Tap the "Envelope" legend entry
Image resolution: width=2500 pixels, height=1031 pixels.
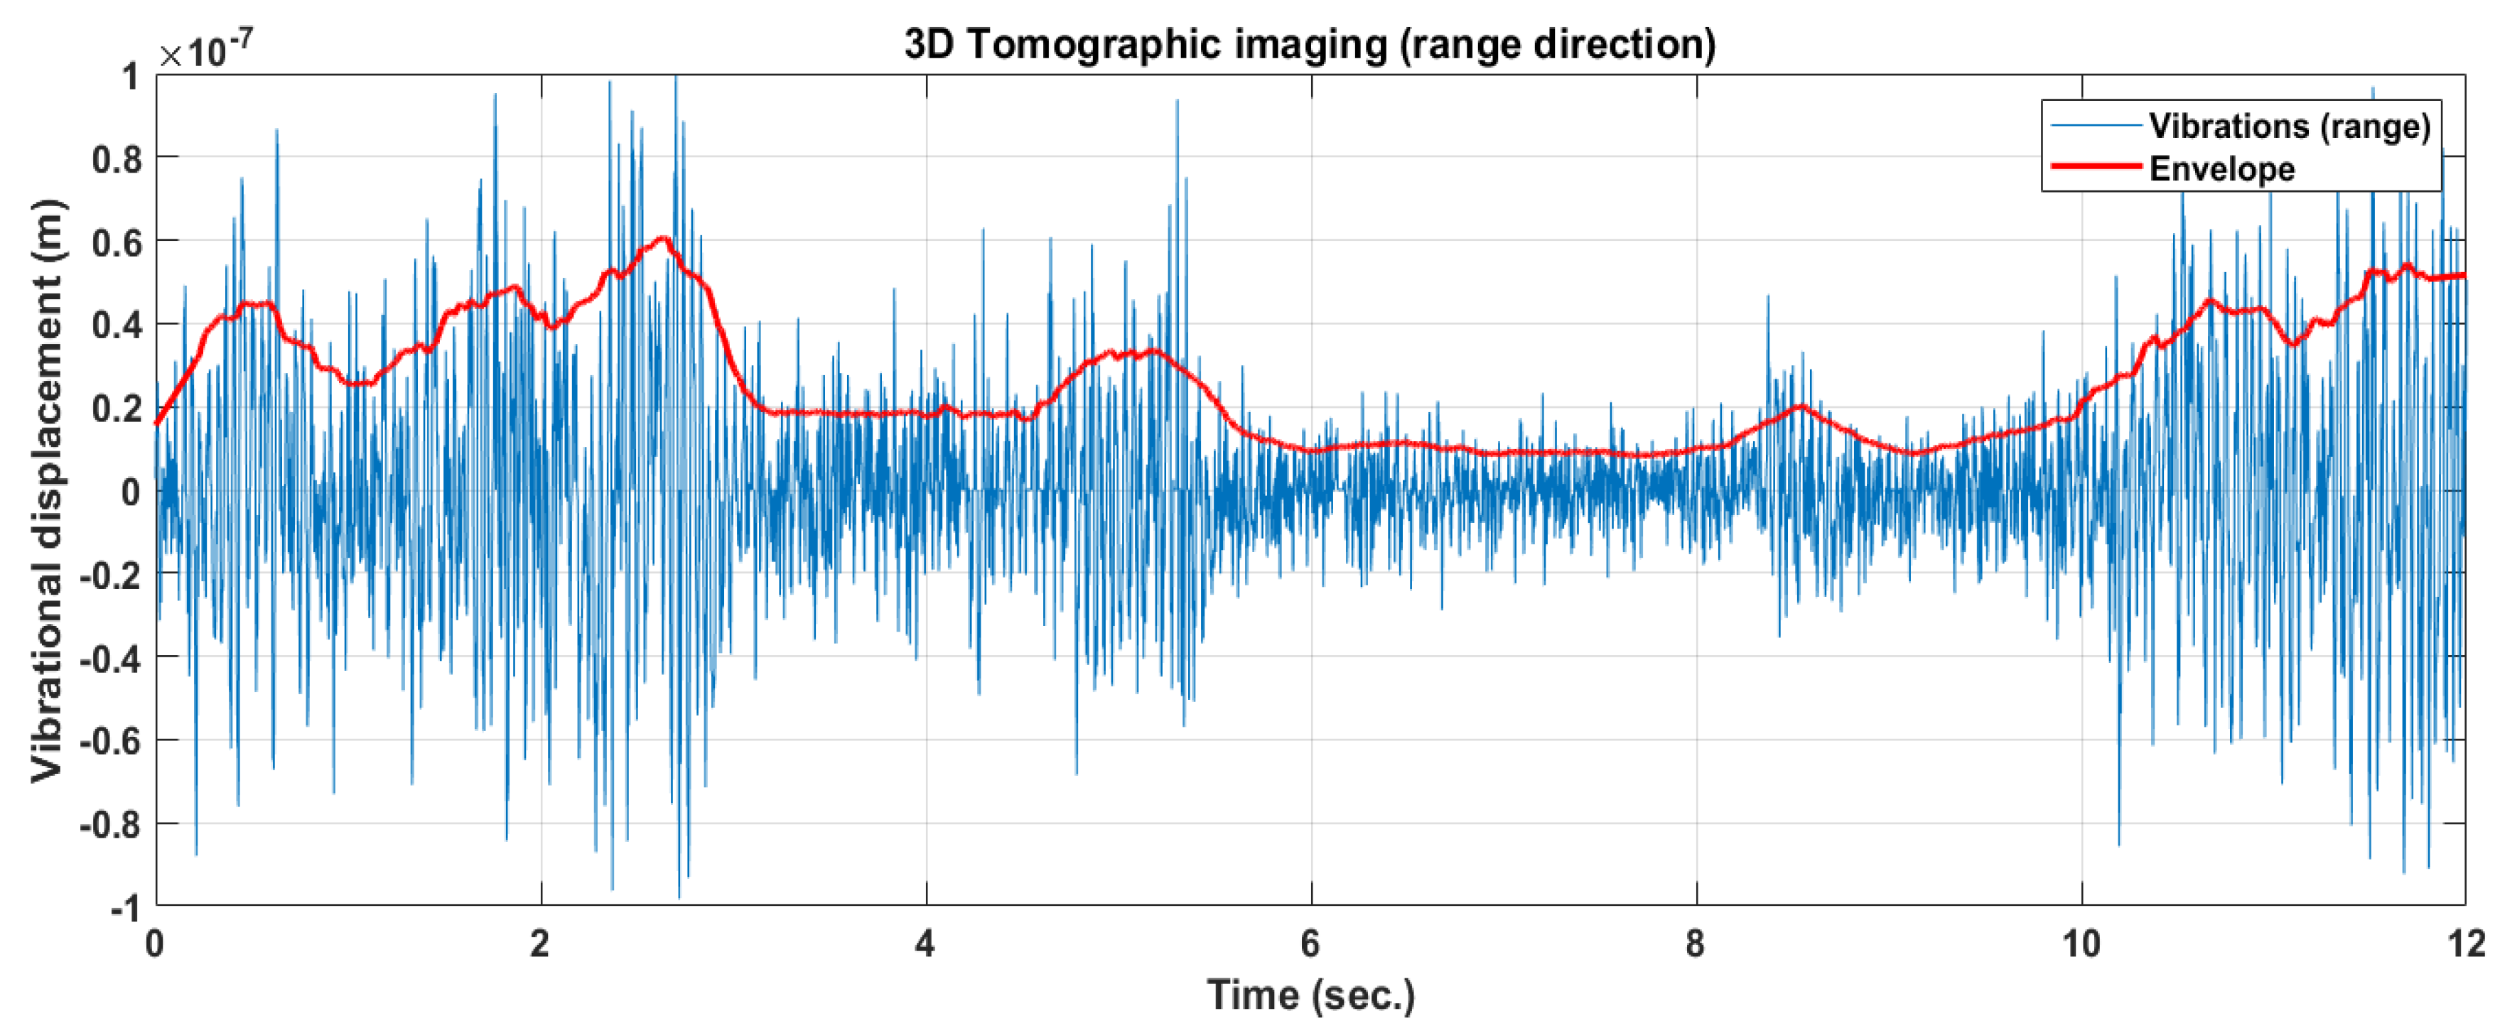[2221, 169]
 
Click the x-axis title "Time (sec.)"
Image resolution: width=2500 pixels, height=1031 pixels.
[1310, 995]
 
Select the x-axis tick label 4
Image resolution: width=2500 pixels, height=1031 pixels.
[925, 943]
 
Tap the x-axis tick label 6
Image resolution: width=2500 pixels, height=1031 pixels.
[1310, 943]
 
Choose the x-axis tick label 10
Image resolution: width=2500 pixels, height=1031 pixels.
[2081, 943]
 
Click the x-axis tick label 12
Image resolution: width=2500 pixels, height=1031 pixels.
[2466, 943]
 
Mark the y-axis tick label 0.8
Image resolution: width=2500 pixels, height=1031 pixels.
[117, 158]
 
